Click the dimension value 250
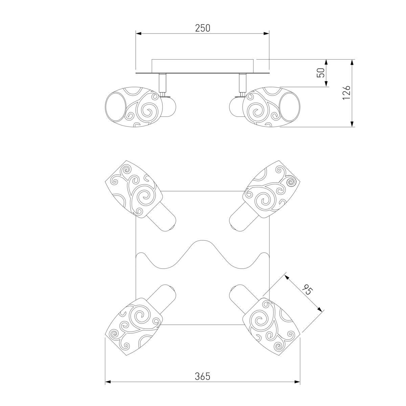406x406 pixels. (x=202, y=28)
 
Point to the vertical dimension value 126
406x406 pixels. (x=346, y=92)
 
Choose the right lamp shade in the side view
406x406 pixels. (x=271, y=107)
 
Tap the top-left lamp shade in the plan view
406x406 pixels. (x=134, y=189)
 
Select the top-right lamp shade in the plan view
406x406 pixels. (x=271, y=189)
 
